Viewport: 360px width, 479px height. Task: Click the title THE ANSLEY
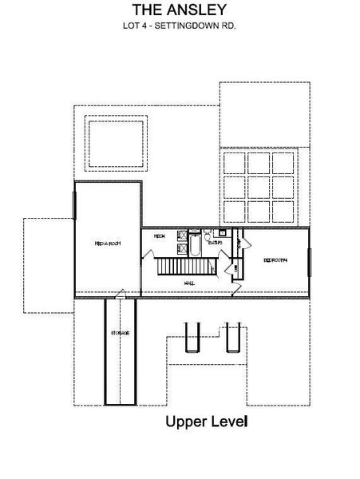coord(180,10)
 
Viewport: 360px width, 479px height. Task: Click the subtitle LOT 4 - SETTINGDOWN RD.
coord(180,26)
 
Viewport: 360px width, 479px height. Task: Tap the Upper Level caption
coord(207,421)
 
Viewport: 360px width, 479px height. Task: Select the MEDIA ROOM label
coord(107,243)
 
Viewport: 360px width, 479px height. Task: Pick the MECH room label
coord(160,236)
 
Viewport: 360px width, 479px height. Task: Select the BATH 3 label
coord(215,243)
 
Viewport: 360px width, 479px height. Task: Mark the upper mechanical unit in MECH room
coord(179,236)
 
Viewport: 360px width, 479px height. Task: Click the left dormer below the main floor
coord(191,336)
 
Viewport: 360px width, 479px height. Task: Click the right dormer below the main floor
coord(233,336)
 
